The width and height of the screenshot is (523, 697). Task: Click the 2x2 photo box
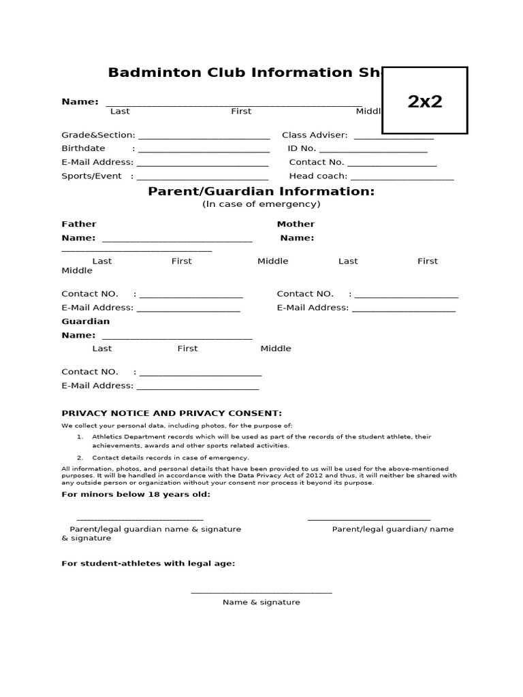tap(425, 101)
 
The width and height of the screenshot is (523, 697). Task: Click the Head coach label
tap(318, 176)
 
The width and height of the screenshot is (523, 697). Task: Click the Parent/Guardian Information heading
tap(261, 192)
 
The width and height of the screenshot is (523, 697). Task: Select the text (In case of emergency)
tap(261, 204)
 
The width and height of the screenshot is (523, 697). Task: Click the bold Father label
tap(79, 224)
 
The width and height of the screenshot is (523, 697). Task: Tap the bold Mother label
tap(296, 224)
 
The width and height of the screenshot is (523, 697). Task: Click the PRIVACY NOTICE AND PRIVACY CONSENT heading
tap(172, 413)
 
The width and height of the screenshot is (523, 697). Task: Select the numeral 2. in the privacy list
tap(80, 458)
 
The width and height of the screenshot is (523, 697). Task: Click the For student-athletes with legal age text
tap(148, 564)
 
